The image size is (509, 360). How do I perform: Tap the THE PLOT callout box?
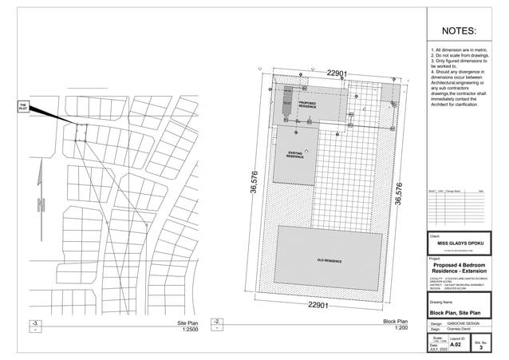23,106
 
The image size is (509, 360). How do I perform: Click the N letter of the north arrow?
41,205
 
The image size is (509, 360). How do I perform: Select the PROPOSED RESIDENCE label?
307,105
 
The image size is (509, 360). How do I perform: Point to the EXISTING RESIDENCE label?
295,155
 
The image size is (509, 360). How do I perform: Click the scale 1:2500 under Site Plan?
190,329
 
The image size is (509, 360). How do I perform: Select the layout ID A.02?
456,344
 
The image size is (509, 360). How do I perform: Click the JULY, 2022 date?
438,349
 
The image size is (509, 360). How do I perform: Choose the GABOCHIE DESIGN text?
460,323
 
